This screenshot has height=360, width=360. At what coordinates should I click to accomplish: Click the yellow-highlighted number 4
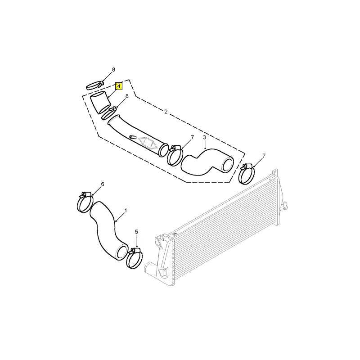[x=119, y=86]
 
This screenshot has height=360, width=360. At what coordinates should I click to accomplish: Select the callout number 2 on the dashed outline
[x=166, y=112]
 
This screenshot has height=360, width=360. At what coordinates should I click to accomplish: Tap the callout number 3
[x=204, y=138]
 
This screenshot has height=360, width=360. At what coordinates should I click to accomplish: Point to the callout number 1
[x=126, y=211]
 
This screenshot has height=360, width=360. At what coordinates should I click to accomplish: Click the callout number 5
[x=137, y=232]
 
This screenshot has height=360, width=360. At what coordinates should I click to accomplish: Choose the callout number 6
[x=103, y=184]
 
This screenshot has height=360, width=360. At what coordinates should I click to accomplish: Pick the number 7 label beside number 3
[x=193, y=138]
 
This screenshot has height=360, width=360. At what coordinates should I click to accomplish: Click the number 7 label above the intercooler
[x=264, y=156]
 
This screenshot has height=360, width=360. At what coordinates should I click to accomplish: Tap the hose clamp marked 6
[x=84, y=202]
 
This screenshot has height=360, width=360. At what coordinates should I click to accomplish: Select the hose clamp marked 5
[x=134, y=258]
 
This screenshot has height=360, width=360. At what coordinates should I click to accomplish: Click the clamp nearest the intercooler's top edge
[x=247, y=174]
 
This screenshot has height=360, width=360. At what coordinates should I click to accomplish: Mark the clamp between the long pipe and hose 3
[x=175, y=155]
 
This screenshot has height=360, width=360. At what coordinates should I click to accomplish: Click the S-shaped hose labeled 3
[x=207, y=162]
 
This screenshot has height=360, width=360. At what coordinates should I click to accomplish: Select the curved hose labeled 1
[x=108, y=229]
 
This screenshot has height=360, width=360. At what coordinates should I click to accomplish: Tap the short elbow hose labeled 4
[x=100, y=102]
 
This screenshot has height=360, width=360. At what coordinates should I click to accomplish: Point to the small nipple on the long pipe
[x=133, y=137]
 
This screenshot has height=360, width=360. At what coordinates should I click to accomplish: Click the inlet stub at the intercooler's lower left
[x=151, y=268]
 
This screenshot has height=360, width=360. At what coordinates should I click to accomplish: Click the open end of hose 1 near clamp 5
[x=122, y=252]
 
